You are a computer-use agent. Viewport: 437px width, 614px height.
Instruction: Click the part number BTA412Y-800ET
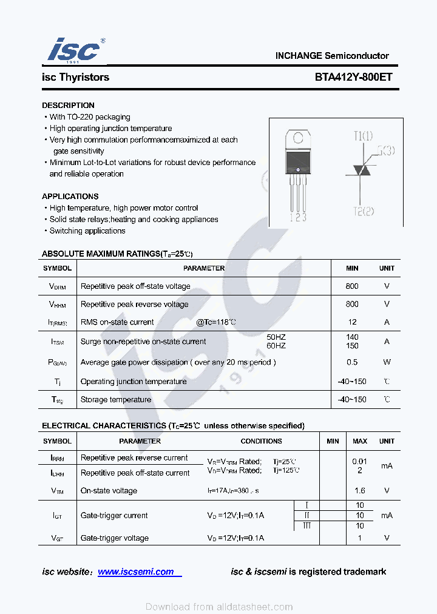(353, 77)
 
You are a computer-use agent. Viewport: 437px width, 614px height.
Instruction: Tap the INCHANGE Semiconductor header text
(332, 55)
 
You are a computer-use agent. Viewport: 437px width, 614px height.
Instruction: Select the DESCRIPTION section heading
(68, 105)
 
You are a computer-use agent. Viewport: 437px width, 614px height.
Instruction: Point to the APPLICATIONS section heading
(70, 197)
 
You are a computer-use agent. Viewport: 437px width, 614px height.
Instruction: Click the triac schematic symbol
(364, 169)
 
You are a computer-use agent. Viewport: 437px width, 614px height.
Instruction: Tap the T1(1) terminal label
(364, 136)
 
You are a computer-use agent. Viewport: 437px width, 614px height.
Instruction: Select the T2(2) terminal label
(364, 211)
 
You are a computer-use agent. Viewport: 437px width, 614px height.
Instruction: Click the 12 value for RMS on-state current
(352, 322)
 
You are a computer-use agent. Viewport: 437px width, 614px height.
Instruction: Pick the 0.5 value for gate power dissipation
(352, 362)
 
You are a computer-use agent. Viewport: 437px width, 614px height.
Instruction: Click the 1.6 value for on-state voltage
(360, 491)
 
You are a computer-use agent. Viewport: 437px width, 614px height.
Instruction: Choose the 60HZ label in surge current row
(276, 346)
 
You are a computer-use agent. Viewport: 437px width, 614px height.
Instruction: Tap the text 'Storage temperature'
(116, 400)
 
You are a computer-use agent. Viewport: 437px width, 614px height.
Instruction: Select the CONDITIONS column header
(261, 441)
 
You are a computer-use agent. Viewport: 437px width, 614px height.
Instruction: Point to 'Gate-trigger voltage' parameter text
(115, 538)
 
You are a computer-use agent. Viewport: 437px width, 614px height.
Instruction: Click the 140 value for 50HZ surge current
(352, 337)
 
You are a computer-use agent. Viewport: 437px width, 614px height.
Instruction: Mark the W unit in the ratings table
(387, 362)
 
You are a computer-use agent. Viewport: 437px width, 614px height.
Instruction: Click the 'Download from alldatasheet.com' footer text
(219, 607)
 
